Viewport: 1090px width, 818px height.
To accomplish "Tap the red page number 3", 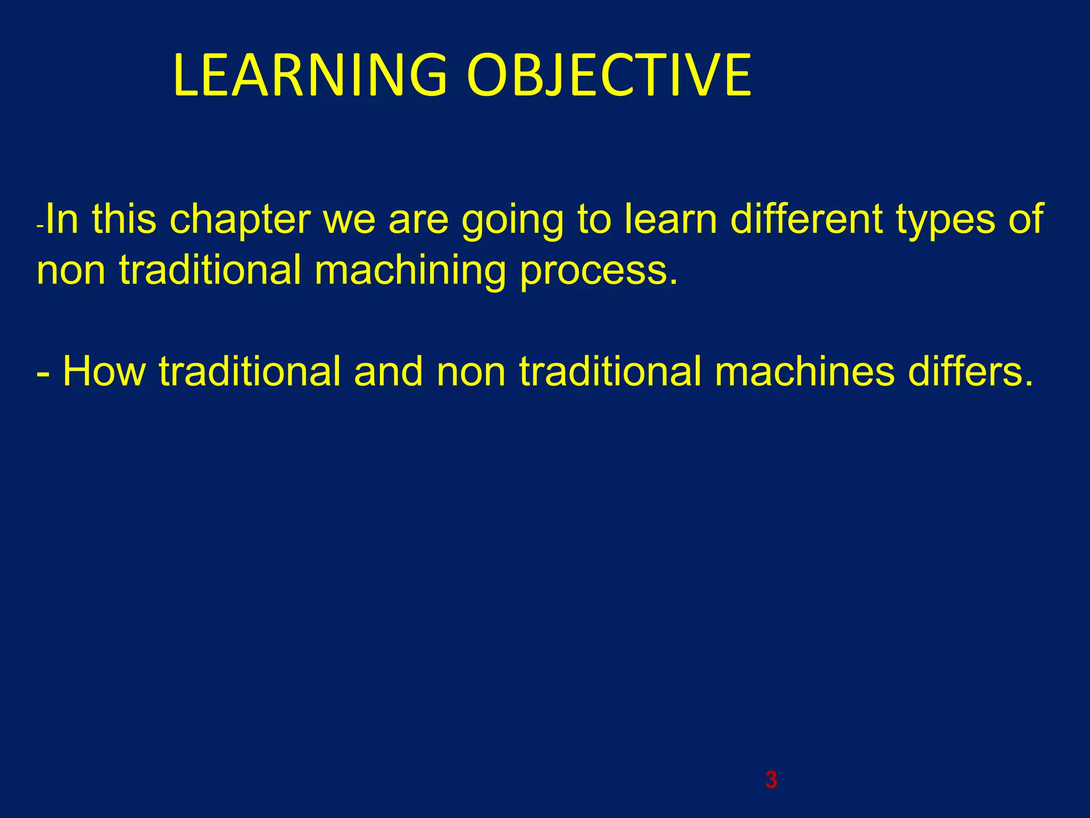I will tap(771, 780).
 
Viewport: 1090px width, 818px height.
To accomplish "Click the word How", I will tap(104, 371).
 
